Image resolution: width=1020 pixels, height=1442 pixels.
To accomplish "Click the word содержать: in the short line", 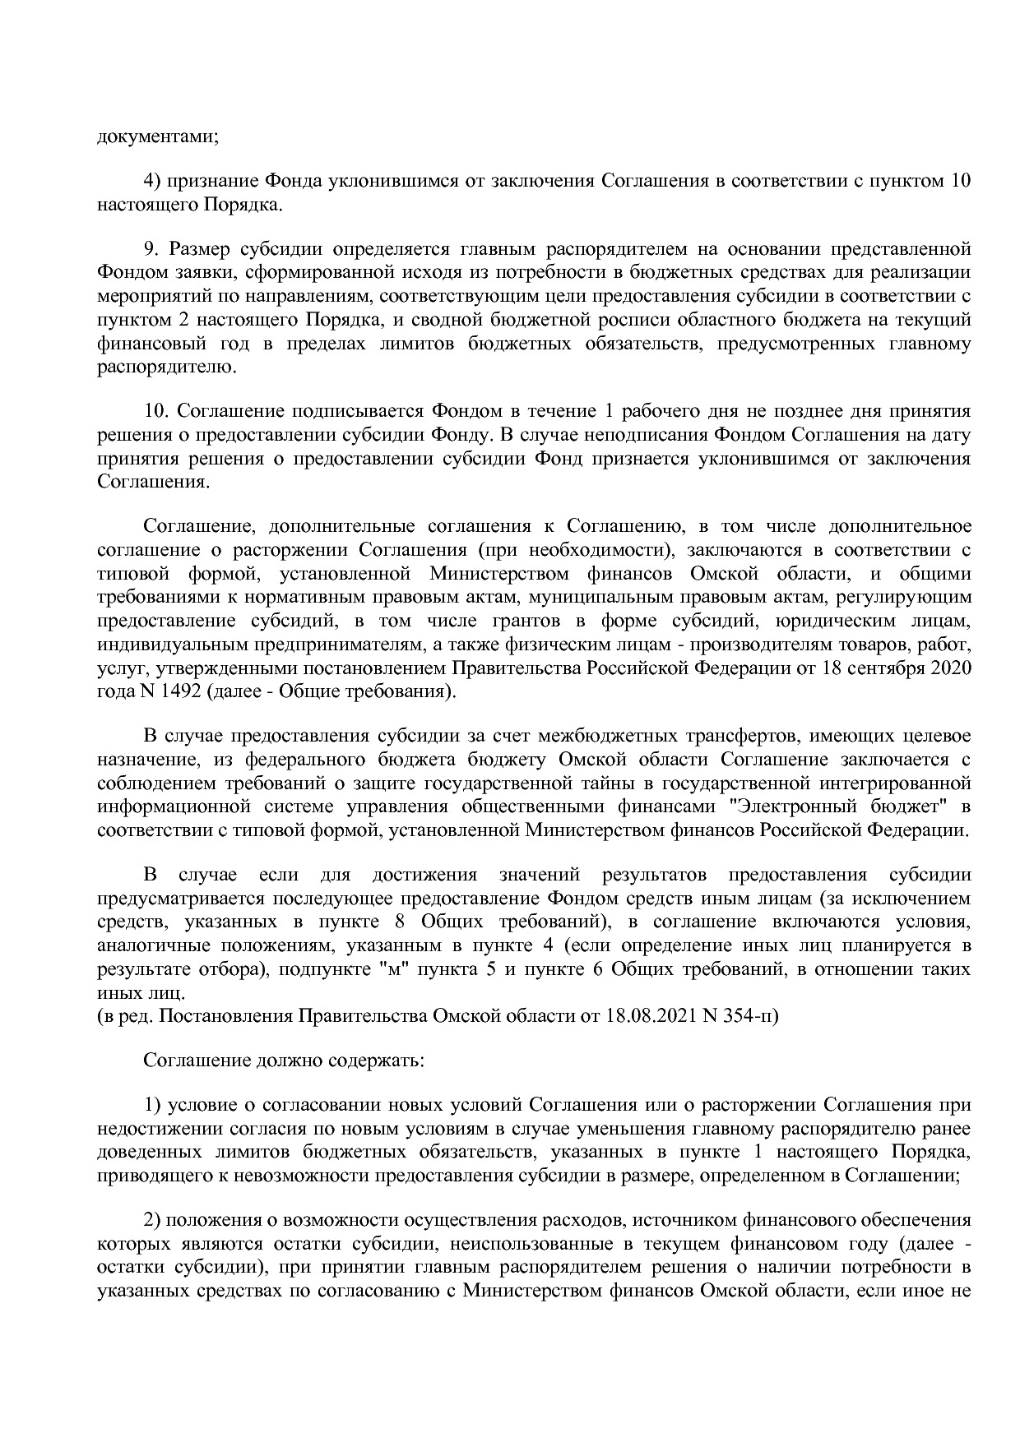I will click(x=382, y=1060).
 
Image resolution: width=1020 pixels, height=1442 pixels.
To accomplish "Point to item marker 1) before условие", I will click(x=152, y=1103).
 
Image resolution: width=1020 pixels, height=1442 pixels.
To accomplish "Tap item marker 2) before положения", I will click(x=152, y=1218).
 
